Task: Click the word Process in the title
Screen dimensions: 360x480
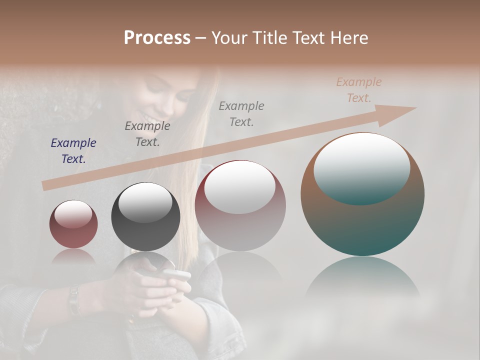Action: (157, 37)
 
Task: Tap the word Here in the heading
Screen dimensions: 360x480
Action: (349, 37)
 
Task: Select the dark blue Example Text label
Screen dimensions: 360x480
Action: (73, 150)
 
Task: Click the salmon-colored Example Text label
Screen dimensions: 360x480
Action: (359, 90)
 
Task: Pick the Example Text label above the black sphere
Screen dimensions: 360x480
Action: (147, 133)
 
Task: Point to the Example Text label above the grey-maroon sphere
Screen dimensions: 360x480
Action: (241, 113)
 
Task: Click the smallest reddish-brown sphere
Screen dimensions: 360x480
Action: (73, 227)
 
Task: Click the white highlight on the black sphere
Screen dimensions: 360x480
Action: (145, 202)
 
